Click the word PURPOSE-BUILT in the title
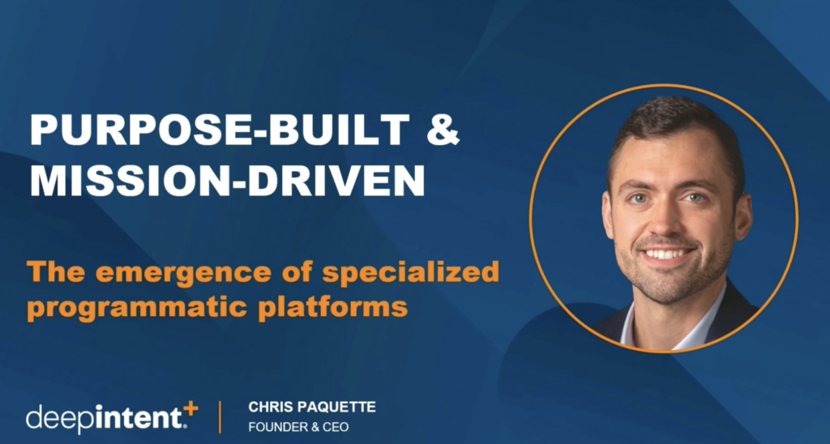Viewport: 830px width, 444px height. pyautogui.click(x=220, y=130)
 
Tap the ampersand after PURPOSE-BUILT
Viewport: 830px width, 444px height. pyautogui.click(x=443, y=130)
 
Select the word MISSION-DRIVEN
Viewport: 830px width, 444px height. pyautogui.click(x=228, y=181)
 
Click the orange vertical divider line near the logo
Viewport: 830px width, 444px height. pyautogui.click(x=220, y=417)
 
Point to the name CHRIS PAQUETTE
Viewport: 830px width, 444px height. pyautogui.click(x=312, y=407)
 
